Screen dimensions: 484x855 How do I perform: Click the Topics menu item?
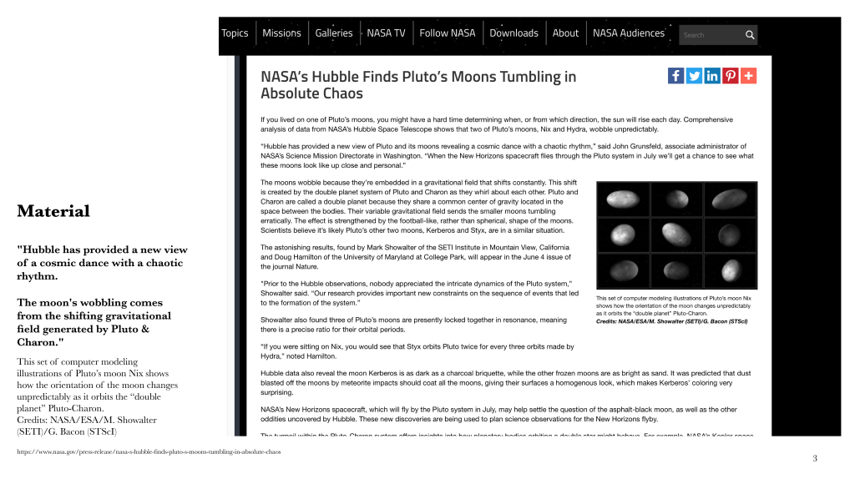click(x=235, y=33)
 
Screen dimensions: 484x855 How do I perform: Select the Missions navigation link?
click(x=281, y=33)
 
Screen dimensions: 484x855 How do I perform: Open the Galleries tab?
click(x=334, y=33)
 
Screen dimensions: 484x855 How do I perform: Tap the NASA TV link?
click(x=386, y=33)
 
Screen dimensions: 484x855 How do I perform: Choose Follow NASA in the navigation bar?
click(x=447, y=33)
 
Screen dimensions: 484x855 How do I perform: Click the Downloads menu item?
click(x=514, y=33)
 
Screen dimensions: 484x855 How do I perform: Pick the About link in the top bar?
click(x=565, y=33)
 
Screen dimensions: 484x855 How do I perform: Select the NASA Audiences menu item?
click(x=628, y=33)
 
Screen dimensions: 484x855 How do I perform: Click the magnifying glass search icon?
click(x=750, y=35)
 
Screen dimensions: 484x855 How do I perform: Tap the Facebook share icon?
click(x=676, y=76)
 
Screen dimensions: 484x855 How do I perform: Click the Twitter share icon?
click(x=694, y=76)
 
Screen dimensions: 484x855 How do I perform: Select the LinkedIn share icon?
click(x=712, y=76)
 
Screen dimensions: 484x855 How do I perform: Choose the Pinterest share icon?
click(x=731, y=76)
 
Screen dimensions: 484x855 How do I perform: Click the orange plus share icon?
click(x=748, y=76)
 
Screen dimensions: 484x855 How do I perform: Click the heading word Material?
click(x=53, y=211)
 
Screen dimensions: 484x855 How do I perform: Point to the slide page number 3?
click(x=815, y=459)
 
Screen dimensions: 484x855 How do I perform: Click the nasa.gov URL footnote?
click(x=149, y=451)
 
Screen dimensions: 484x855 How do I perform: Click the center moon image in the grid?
click(x=676, y=234)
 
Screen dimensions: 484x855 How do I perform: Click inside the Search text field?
click(x=710, y=35)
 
